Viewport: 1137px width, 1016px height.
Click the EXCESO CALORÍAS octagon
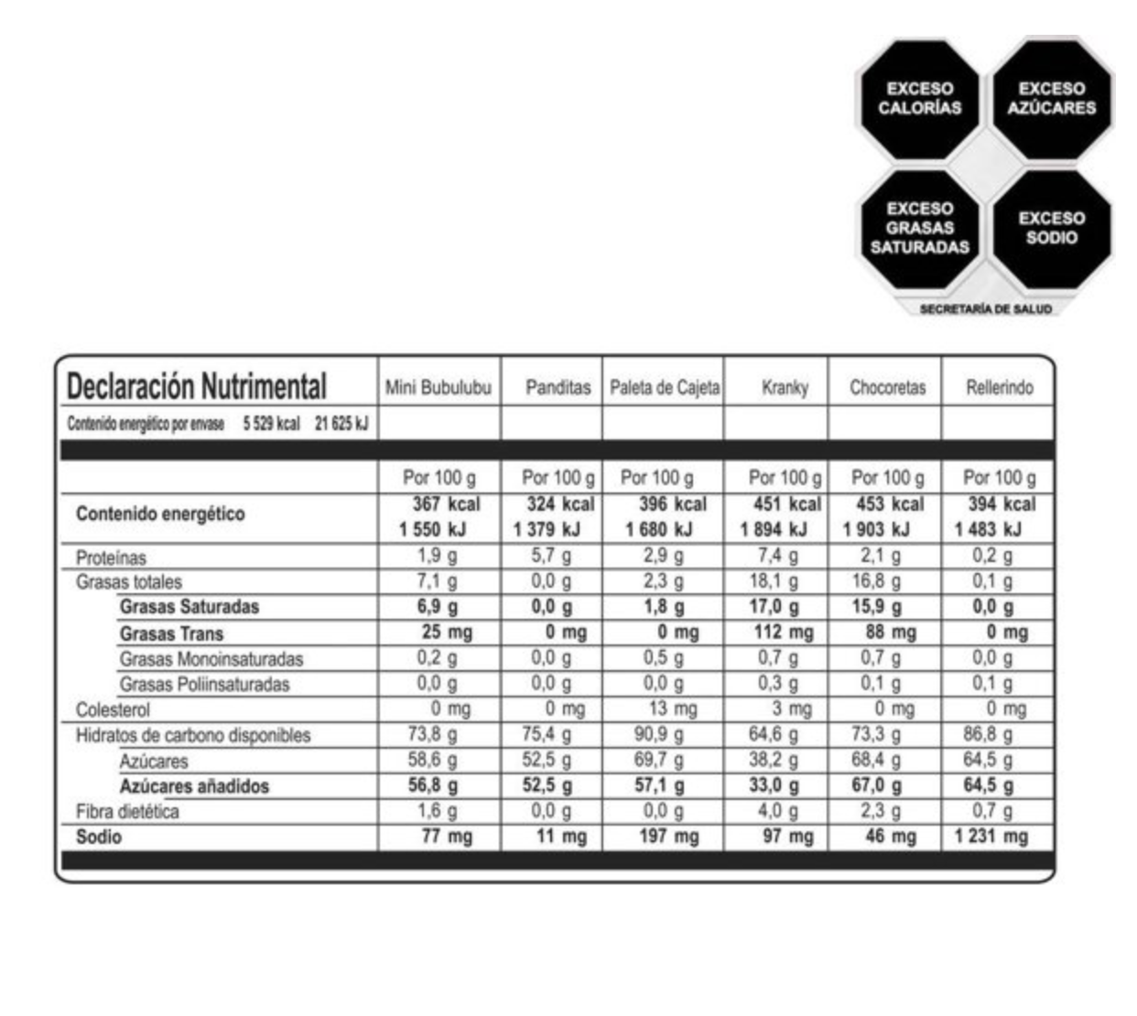tap(919, 99)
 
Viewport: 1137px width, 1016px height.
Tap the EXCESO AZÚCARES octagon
tap(1051, 99)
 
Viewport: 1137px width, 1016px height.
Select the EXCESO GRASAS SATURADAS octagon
tap(919, 228)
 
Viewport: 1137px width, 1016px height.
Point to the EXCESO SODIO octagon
tap(1051, 228)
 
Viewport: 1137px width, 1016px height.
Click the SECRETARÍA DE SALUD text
tap(985, 309)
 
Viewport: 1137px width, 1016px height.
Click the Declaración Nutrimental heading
tap(196, 386)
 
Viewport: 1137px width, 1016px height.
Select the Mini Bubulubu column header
tap(438, 387)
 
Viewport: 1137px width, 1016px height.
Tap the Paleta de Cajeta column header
tap(665, 387)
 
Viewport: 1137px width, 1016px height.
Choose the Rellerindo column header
tap(999, 387)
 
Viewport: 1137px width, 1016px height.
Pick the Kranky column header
tap(785, 387)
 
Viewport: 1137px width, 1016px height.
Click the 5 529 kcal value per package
tap(271, 424)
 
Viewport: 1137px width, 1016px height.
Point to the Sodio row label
tap(99, 837)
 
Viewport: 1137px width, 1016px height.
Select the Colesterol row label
tap(113, 709)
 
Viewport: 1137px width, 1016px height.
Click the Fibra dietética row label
tap(127, 812)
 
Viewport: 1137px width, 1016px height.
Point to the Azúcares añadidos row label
tap(194, 786)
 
